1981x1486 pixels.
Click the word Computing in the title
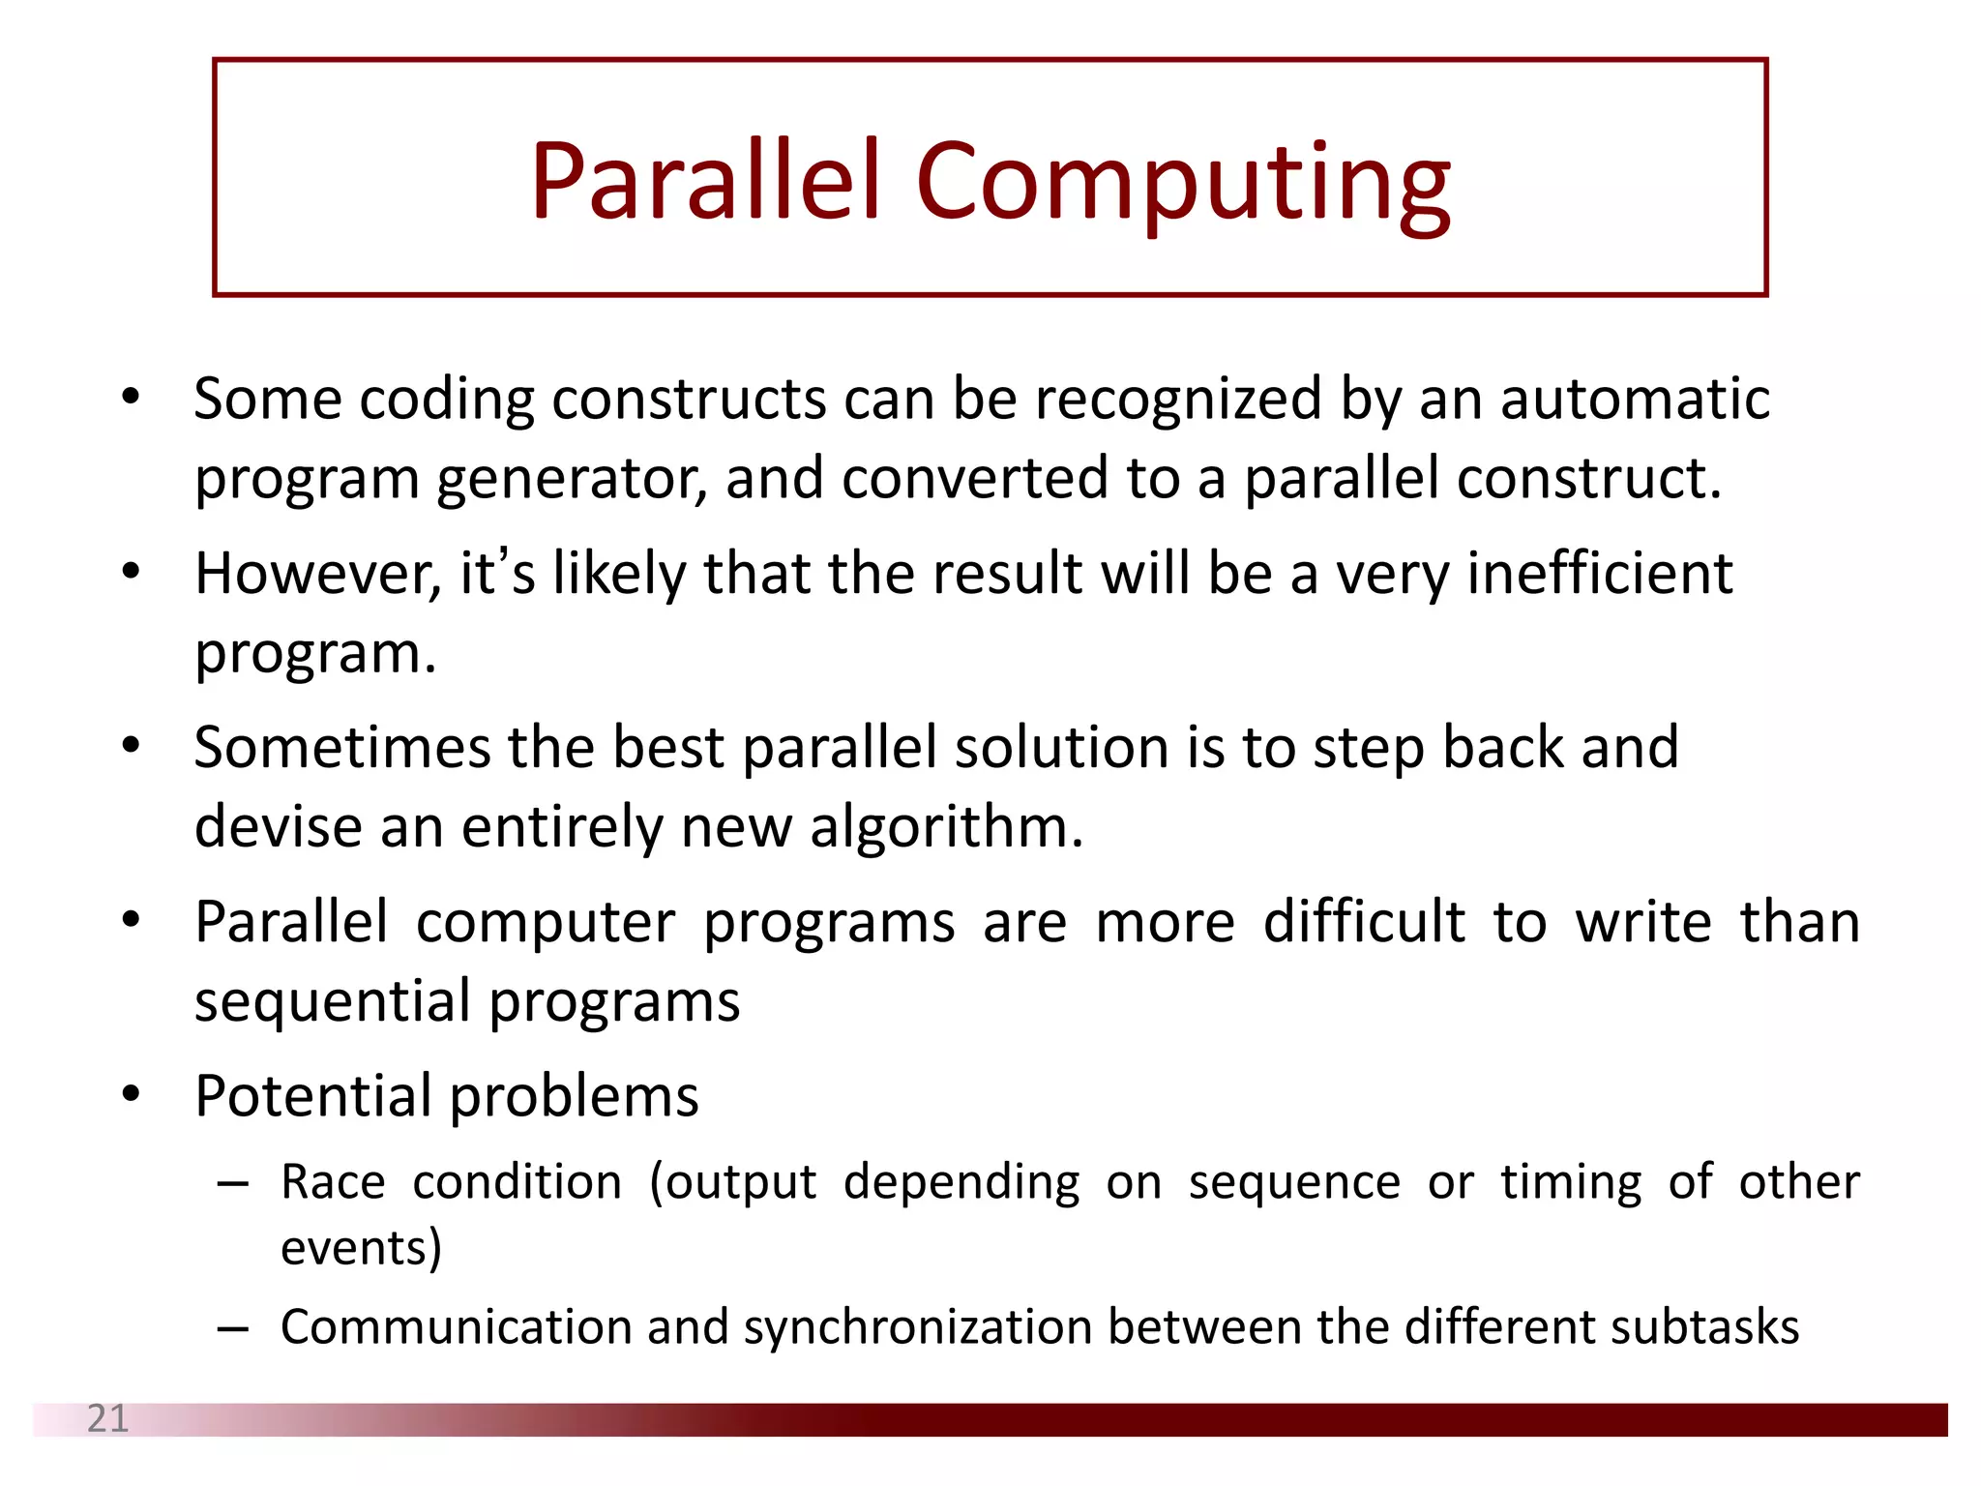(1182, 184)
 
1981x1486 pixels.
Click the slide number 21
(107, 1418)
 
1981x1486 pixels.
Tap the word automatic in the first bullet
(1635, 399)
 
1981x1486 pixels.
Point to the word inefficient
(1600, 574)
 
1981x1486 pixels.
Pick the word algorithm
(946, 828)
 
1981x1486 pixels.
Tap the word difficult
(1364, 922)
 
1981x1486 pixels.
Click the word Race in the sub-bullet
(333, 1182)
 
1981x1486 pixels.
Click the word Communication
(456, 1327)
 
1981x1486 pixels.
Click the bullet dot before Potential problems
(132, 1094)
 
